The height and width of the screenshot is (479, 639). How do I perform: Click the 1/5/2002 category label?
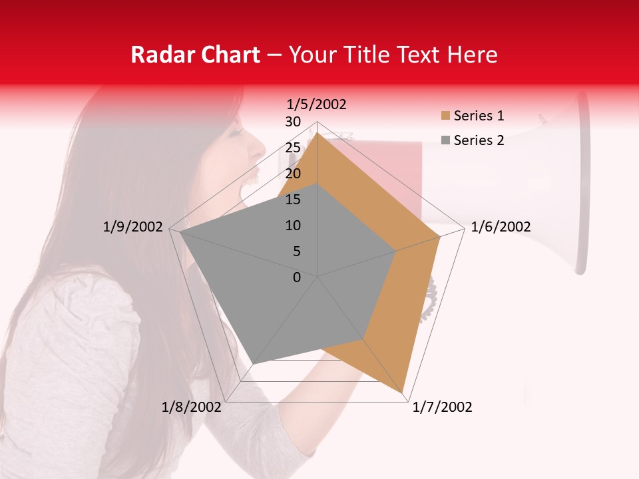317,104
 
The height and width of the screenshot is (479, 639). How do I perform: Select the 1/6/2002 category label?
501,227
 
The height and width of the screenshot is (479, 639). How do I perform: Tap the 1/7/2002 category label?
442,407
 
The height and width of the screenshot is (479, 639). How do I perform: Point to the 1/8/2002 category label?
192,407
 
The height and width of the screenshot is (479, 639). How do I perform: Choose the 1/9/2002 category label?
133,227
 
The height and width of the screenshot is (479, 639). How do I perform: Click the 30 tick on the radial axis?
293,122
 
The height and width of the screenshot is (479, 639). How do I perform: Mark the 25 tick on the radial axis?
293,148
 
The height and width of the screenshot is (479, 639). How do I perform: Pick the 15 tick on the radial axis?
293,200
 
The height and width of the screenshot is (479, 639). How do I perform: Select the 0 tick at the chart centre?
297,277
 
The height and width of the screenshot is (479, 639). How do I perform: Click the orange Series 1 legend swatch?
445,116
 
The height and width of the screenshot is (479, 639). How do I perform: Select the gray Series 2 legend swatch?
445,140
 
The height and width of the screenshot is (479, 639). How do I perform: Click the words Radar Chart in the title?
194,55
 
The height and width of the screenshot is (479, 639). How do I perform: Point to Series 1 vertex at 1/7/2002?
403,394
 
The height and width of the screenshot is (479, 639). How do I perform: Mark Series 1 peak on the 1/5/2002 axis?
318,133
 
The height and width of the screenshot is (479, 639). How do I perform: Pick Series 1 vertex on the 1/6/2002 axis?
440,236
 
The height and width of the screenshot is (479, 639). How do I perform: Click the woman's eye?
234,132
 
